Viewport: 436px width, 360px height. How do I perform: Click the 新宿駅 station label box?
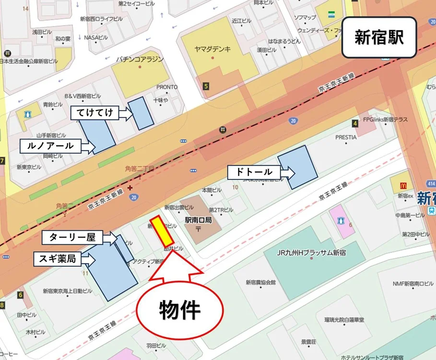coord(378,37)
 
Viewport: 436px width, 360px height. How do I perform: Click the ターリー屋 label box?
coord(76,237)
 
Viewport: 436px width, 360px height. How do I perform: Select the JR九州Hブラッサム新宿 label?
coord(312,252)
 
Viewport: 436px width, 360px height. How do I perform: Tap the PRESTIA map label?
coord(346,137)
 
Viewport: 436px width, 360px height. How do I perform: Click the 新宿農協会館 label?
coord(261,283)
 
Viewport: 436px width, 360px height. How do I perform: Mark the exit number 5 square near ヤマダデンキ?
coord(206,86)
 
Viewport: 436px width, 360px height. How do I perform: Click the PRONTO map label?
coord(167,87)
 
